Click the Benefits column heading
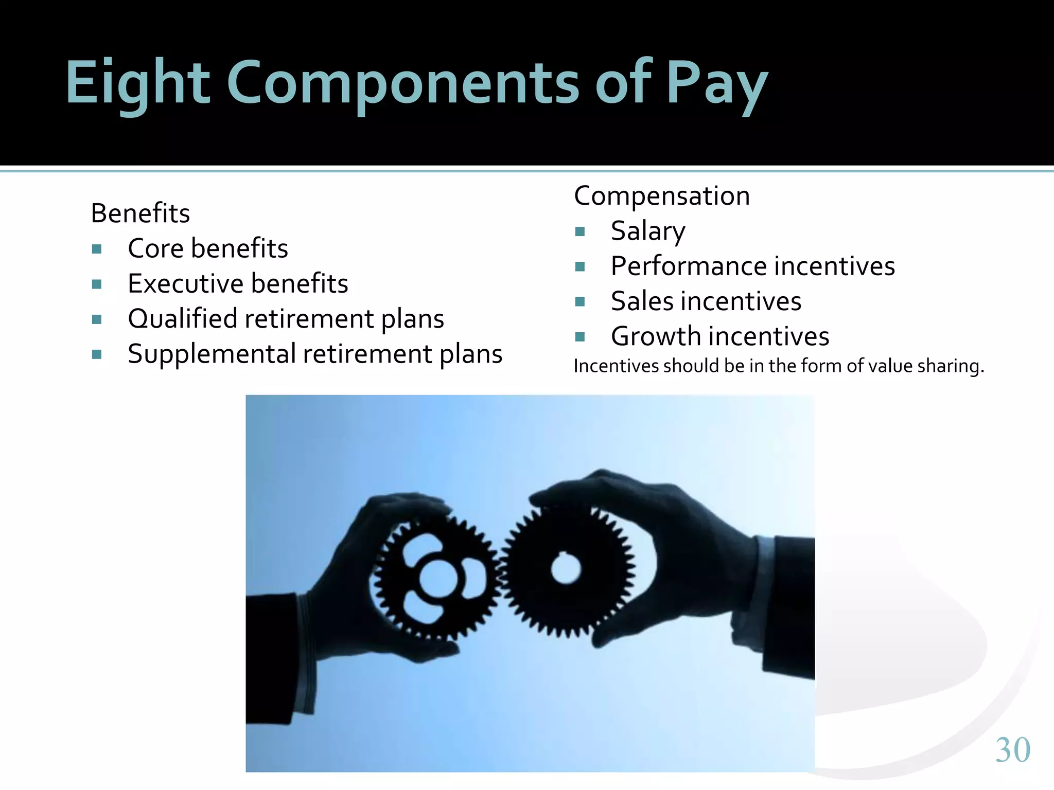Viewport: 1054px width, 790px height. point(140,213)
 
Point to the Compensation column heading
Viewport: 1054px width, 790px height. point(662,196)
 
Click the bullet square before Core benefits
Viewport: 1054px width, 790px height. point(97,249)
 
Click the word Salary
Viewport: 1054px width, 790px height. point(648,231)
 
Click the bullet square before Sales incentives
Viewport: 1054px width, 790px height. point(580,302)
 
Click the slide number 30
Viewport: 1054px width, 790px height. point(1012,749)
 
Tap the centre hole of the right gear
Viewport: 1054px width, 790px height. point(566,569)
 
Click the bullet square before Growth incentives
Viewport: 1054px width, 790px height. point(580,337)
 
